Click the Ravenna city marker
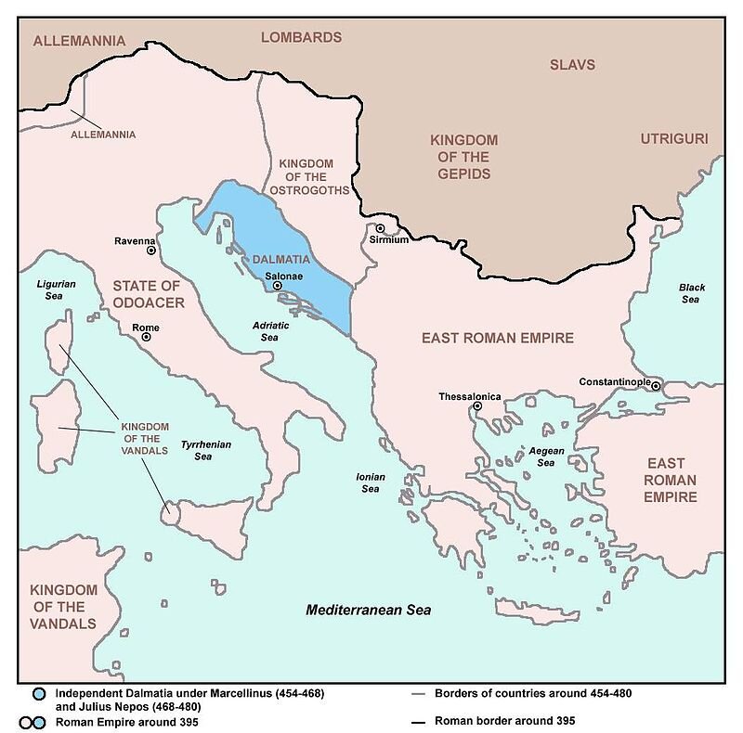(x=150, y=251)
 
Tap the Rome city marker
(x=146, y=338)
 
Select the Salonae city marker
(x=277, y=286)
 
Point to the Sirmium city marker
(x=380, y=228)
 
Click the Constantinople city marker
(x=656, y=386)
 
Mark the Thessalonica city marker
(x=477, y=406)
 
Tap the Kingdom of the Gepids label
(x=464, y=157)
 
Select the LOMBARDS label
(x=301, y=38)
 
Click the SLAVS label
(x=572, y=65)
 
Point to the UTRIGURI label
(x=674, y=139)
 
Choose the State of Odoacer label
(x=149, y=294)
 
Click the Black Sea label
(x=691, y=293)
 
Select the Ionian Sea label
(x=370, y=482)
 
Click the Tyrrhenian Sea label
(x=206, y=451)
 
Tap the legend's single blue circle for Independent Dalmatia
(x=37, y=694)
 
